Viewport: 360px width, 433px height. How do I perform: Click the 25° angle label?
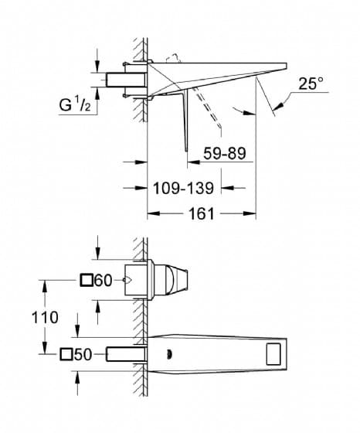point(311,84)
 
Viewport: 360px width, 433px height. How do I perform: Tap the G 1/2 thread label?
point(75,104)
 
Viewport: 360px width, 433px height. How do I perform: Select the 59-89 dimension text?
point(225,153)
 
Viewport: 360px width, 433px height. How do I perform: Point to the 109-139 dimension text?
point(183,189)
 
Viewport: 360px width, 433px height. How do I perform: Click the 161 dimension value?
point(202,213)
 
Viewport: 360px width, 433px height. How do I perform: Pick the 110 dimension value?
point(45,317)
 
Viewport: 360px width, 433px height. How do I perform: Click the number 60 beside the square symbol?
point(104,281)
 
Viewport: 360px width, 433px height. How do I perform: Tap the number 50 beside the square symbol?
point(83,354)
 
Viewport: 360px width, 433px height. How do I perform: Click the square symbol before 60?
point(87,280)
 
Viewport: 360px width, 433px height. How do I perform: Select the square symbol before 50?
point(66,354)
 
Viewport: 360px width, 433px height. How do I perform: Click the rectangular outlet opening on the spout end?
point(273,354)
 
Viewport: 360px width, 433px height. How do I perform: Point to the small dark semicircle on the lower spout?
point(169,354)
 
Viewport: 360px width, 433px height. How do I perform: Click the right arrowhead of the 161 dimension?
point(250,213)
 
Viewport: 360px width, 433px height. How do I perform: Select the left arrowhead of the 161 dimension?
point(154,213)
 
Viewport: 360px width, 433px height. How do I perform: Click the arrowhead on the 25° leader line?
point(279,106)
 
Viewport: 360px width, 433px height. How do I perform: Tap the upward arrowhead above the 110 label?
point(44,287)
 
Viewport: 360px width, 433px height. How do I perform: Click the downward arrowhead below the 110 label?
point(44,347)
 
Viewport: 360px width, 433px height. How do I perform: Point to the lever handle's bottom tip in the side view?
point(186,151)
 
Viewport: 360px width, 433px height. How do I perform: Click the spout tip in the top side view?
point(287,66)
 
